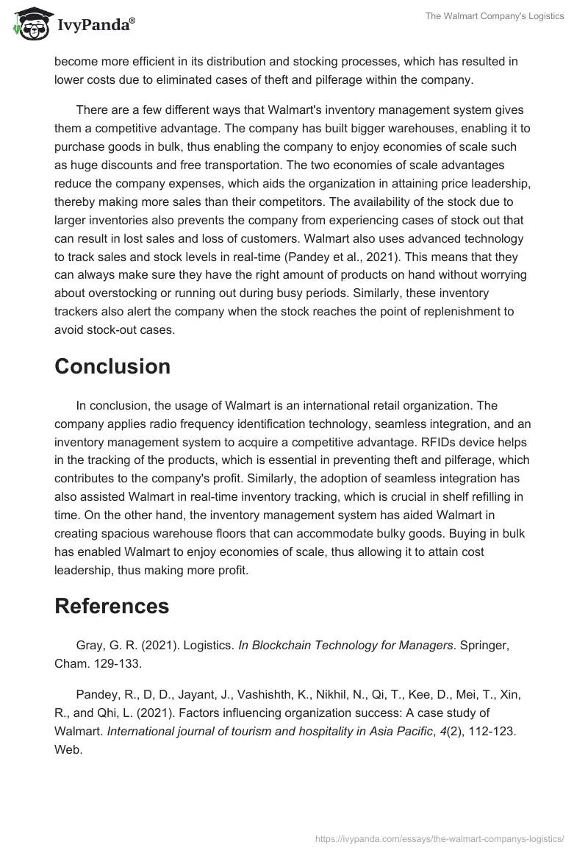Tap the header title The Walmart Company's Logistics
[495, 16]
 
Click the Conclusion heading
[112, 366]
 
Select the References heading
[112, 606]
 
